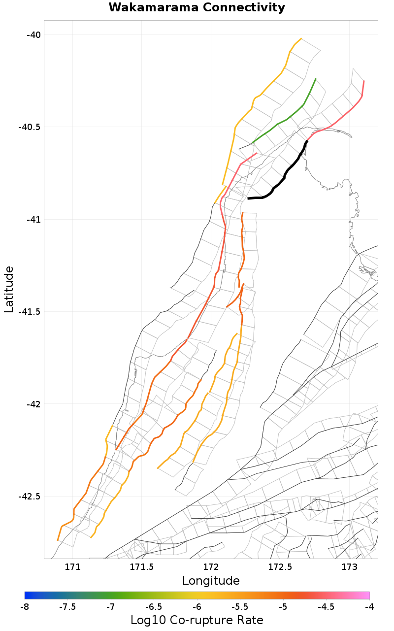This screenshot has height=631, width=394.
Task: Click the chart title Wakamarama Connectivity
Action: (x=197, y=8)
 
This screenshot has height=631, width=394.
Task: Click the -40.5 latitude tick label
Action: (x=29, y=127)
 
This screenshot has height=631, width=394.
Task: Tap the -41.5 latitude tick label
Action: (x=29, y=312)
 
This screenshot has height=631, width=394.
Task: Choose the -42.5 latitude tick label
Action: (x=29, y=497)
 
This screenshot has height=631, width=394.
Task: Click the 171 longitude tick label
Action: (x=72, y=567)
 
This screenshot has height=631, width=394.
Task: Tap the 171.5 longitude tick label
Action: (x=142, y=567)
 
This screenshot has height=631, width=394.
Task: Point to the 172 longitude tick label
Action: (x=211, y=567)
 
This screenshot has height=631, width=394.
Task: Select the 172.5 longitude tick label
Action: (x=280, y=567)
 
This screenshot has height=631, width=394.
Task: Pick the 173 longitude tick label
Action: (x=349, y=567)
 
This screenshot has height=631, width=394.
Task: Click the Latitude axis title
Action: (x=9, y=289)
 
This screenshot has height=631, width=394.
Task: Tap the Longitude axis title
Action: (x=211, y=581)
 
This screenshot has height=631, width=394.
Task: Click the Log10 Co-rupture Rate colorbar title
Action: (x=197, y=620)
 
